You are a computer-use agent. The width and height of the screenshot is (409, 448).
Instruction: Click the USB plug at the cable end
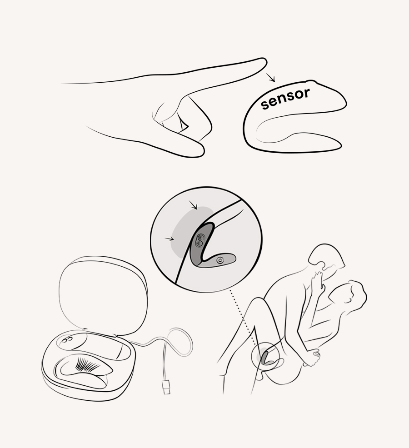pyautogui.click(x=166, y=388)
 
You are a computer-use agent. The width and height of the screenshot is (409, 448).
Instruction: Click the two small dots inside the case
pyautogui.click(x=67, y=339)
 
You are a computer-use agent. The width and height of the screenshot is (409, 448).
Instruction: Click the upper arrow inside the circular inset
pyautogui.click(x=195, y=207)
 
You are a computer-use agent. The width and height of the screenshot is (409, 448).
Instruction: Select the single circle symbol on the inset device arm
pyautogui.click(x=220, y=260)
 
